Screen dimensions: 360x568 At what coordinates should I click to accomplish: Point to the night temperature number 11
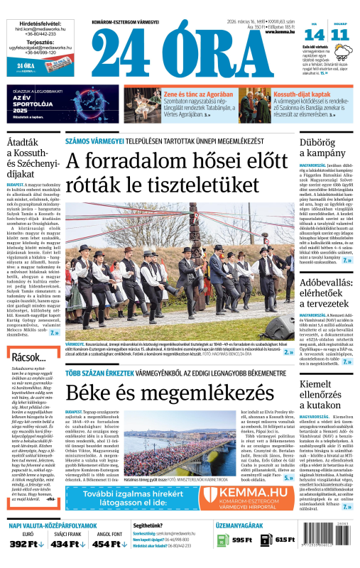(340, 35)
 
